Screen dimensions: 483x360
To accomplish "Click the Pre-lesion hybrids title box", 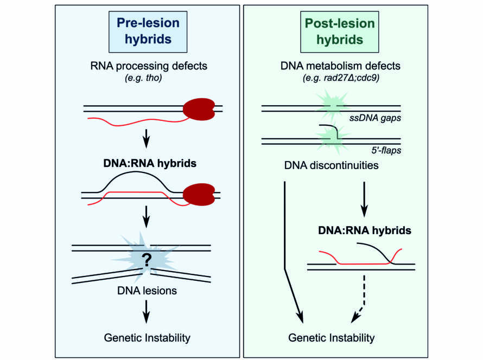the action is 148,31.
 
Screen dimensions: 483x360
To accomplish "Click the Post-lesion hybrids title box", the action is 339,31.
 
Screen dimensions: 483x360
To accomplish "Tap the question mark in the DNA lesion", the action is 147,260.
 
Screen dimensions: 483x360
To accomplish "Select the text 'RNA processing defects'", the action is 149,66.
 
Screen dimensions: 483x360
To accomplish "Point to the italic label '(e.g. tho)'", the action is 144,78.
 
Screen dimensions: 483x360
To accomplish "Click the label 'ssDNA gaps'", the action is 375,118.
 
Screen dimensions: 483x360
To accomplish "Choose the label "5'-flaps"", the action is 386,151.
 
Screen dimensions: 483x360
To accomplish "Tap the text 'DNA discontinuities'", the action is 331,165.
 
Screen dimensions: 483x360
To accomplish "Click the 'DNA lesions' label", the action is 147,291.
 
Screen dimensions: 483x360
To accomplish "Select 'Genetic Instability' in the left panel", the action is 147,338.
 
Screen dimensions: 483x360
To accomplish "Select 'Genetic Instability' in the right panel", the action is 331,338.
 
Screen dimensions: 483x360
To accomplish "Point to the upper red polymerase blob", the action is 199,109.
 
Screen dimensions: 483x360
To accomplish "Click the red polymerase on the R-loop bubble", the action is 199,195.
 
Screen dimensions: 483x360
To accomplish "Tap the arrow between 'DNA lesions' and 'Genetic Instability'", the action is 147,312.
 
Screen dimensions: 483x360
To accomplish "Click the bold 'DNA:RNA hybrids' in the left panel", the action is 150,163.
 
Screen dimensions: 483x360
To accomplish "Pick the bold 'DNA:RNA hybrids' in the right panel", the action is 364,230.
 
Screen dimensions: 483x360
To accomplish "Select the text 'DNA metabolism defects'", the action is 340,66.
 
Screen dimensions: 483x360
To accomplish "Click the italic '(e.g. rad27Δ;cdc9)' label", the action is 341,78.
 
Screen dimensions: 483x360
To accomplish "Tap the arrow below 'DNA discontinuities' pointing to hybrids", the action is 364,200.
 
